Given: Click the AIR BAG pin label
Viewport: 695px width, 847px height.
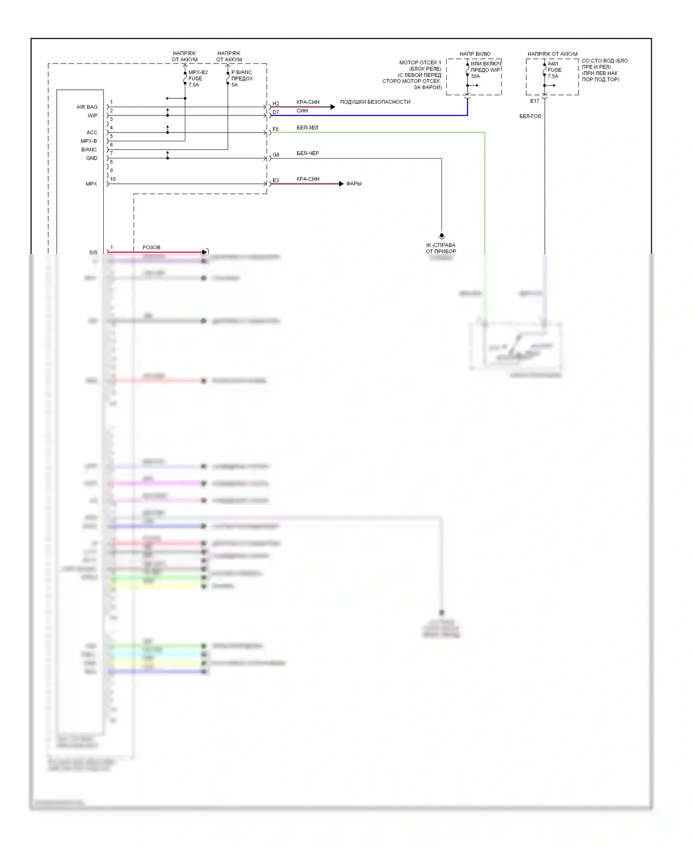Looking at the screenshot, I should click(x=87, y=107).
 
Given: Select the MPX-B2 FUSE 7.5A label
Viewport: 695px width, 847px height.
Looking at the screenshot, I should click(x=198, y=79).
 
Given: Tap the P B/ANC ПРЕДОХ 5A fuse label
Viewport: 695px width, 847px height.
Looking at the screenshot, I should click(x=242, y=79).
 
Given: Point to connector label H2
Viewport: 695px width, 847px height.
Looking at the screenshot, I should click(x=276, y=104).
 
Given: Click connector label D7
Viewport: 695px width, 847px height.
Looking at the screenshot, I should click(x=276, y=112).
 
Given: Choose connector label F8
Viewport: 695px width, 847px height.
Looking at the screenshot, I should click(x=276, y=129).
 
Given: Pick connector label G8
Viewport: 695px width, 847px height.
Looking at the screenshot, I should click(x=276, y=155).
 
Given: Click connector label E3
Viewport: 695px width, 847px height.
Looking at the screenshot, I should click(x=276, y=181).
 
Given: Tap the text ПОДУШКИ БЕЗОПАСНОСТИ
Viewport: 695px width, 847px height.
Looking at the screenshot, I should click(x=375, y=102).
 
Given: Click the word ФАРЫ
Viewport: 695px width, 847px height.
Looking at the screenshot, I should click(x=354, y=184).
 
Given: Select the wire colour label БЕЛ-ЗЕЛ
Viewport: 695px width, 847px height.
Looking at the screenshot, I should click(x=307, y=128).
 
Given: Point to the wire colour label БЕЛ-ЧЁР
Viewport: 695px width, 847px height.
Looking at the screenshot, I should click(x=308, y=153).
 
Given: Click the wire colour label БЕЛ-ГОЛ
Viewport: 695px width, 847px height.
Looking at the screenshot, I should click(x=530, y=116).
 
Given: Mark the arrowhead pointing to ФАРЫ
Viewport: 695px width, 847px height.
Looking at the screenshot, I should click(x=341, y=184).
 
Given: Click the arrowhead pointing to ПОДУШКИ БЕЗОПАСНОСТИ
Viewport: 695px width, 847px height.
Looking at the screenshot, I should click(x=333, y=107).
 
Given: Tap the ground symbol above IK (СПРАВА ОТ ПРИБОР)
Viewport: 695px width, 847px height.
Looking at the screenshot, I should click(x=442, y=236).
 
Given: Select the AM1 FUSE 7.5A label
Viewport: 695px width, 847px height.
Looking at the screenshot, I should click(x=554, y=70).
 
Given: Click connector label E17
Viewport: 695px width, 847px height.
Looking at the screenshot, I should click(x=535, y=101).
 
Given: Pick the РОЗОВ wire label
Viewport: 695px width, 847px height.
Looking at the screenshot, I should click(x=152, y=247).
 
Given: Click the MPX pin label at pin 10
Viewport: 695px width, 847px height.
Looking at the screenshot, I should click(x=91, y=184).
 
